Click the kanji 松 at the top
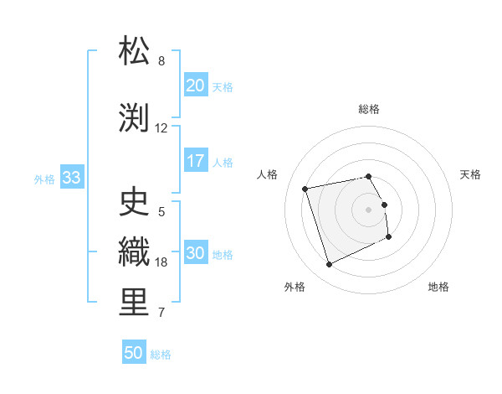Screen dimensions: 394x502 coord(135,51)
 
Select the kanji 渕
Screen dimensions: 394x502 coord(135,117)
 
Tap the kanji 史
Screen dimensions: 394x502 coord(135,201)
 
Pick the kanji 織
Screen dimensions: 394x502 coord(135,252)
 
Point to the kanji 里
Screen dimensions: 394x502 coord(135,303)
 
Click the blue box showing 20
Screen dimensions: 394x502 coord(196,86)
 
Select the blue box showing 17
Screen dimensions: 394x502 coord(196,161)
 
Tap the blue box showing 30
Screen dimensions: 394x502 coord(196,254)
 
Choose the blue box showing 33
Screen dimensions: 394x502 coord(71,178)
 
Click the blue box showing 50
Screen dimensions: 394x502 coord(134,353)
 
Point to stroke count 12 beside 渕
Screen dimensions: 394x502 coord(161,128)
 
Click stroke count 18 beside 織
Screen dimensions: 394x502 coord(161,262)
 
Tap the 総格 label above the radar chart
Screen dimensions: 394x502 coord(369,109)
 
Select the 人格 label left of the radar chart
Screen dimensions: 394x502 coord(268,174)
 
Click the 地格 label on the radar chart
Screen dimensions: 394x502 coord(438,287)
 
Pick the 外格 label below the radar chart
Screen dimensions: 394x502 coord(295,287)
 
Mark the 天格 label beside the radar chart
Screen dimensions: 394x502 coord(470,174)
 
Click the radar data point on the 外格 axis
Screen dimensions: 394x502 coord(329,265)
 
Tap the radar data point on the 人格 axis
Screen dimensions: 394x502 coord(305,189)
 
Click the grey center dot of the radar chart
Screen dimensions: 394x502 coord(369,210)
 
